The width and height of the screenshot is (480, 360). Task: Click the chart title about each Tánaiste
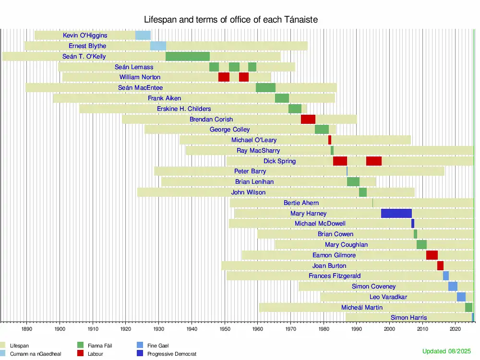coord(231,20)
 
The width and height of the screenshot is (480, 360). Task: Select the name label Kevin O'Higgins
coord(85,36)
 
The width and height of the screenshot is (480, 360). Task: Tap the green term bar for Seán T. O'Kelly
coord(187,57)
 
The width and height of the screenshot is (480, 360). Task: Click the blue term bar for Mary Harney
coord(396,214)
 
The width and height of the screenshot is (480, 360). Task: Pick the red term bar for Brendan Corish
coord(308,120)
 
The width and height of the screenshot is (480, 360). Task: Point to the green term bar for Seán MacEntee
coord(265,88)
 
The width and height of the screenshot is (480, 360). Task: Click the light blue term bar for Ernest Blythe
coord(158,46)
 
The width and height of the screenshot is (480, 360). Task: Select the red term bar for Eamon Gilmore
coord(432,255)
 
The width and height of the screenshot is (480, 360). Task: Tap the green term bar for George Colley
coord(322,130)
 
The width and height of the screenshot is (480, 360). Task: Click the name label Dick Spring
coord(279,161)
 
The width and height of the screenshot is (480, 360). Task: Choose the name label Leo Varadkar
coord(388,297)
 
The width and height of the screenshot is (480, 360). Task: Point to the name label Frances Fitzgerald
coord(335,276)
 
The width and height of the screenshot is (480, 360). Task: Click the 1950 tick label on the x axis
coord(225,329)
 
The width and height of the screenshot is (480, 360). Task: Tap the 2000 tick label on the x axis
coord(389,329)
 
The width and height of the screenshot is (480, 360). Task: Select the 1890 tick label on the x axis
coord(27,329)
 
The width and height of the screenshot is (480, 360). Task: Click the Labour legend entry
coord(95,354)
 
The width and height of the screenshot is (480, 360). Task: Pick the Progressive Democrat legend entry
coord(171,354)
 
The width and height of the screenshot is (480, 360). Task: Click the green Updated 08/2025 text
coord(447,351)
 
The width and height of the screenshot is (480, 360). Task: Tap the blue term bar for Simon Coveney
coord(453,287)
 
